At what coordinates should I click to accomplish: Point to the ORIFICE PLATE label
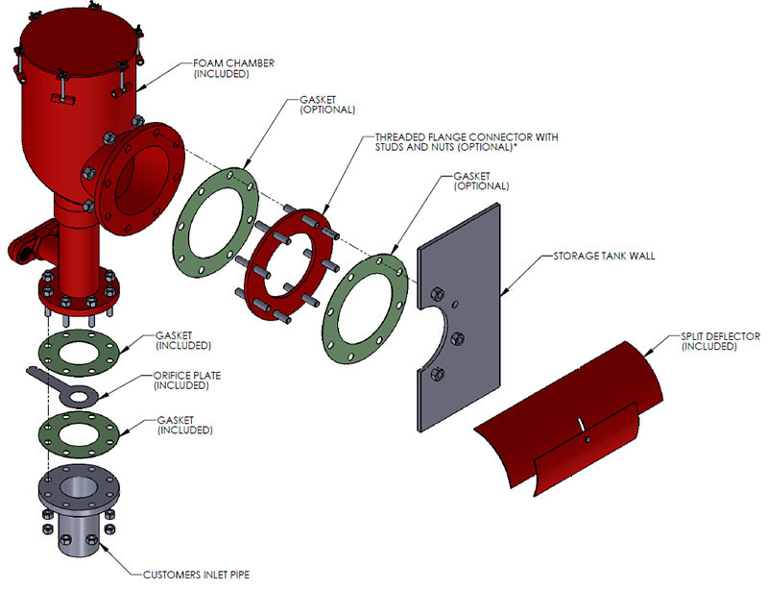[184, 381]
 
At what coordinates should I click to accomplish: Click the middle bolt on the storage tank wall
[457, 337]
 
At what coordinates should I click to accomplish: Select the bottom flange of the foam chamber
[77, 288]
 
